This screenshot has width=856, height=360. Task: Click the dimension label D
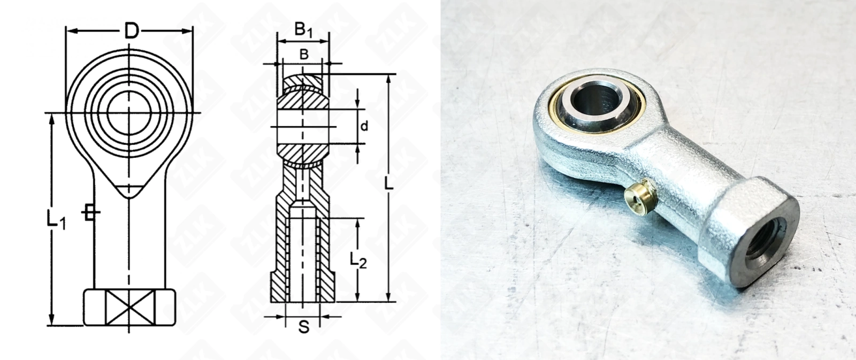pos(132,31)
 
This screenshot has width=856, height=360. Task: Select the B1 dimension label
pos(303,30)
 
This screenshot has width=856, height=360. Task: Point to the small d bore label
pos(364,126)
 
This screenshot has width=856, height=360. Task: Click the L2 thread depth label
pos(358,260)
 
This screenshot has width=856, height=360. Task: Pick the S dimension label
pos(304,327)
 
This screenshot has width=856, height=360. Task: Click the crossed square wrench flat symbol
pos(130,308)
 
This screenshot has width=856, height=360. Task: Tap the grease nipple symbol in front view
pos(90,212)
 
